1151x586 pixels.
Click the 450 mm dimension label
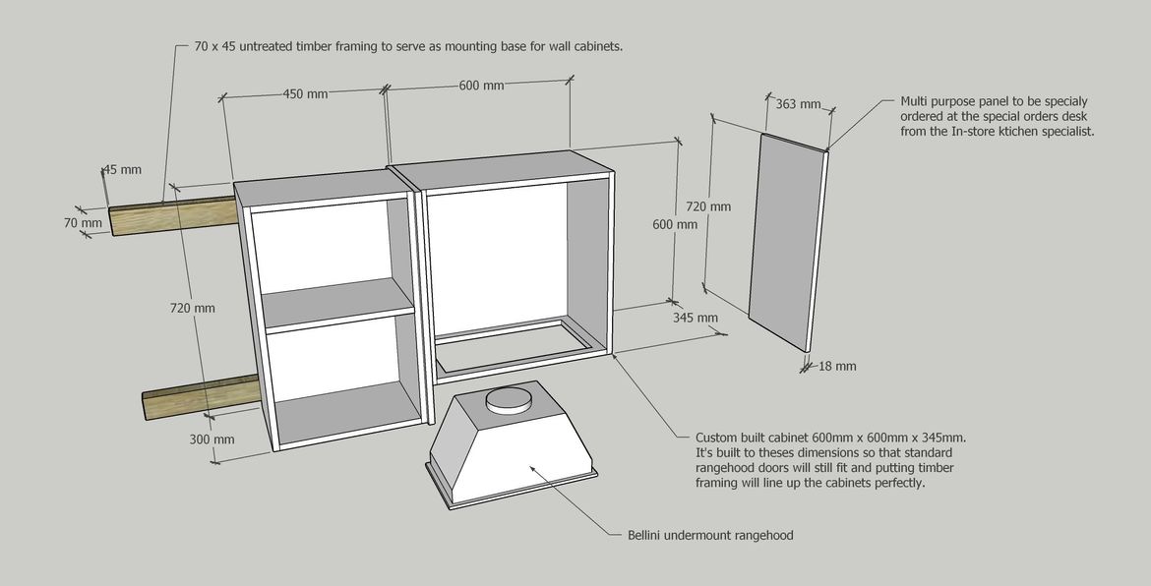point(305,94)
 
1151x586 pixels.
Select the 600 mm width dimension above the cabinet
point(481,86)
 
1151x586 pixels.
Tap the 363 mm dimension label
point(798,104)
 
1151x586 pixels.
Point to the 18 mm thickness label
point(837,367)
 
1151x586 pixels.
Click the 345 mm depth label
point(695,318)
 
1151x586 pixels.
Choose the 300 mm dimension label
point(212,439)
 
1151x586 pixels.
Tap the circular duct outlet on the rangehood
point(510,398)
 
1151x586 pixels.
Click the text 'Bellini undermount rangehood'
point(710,536)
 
